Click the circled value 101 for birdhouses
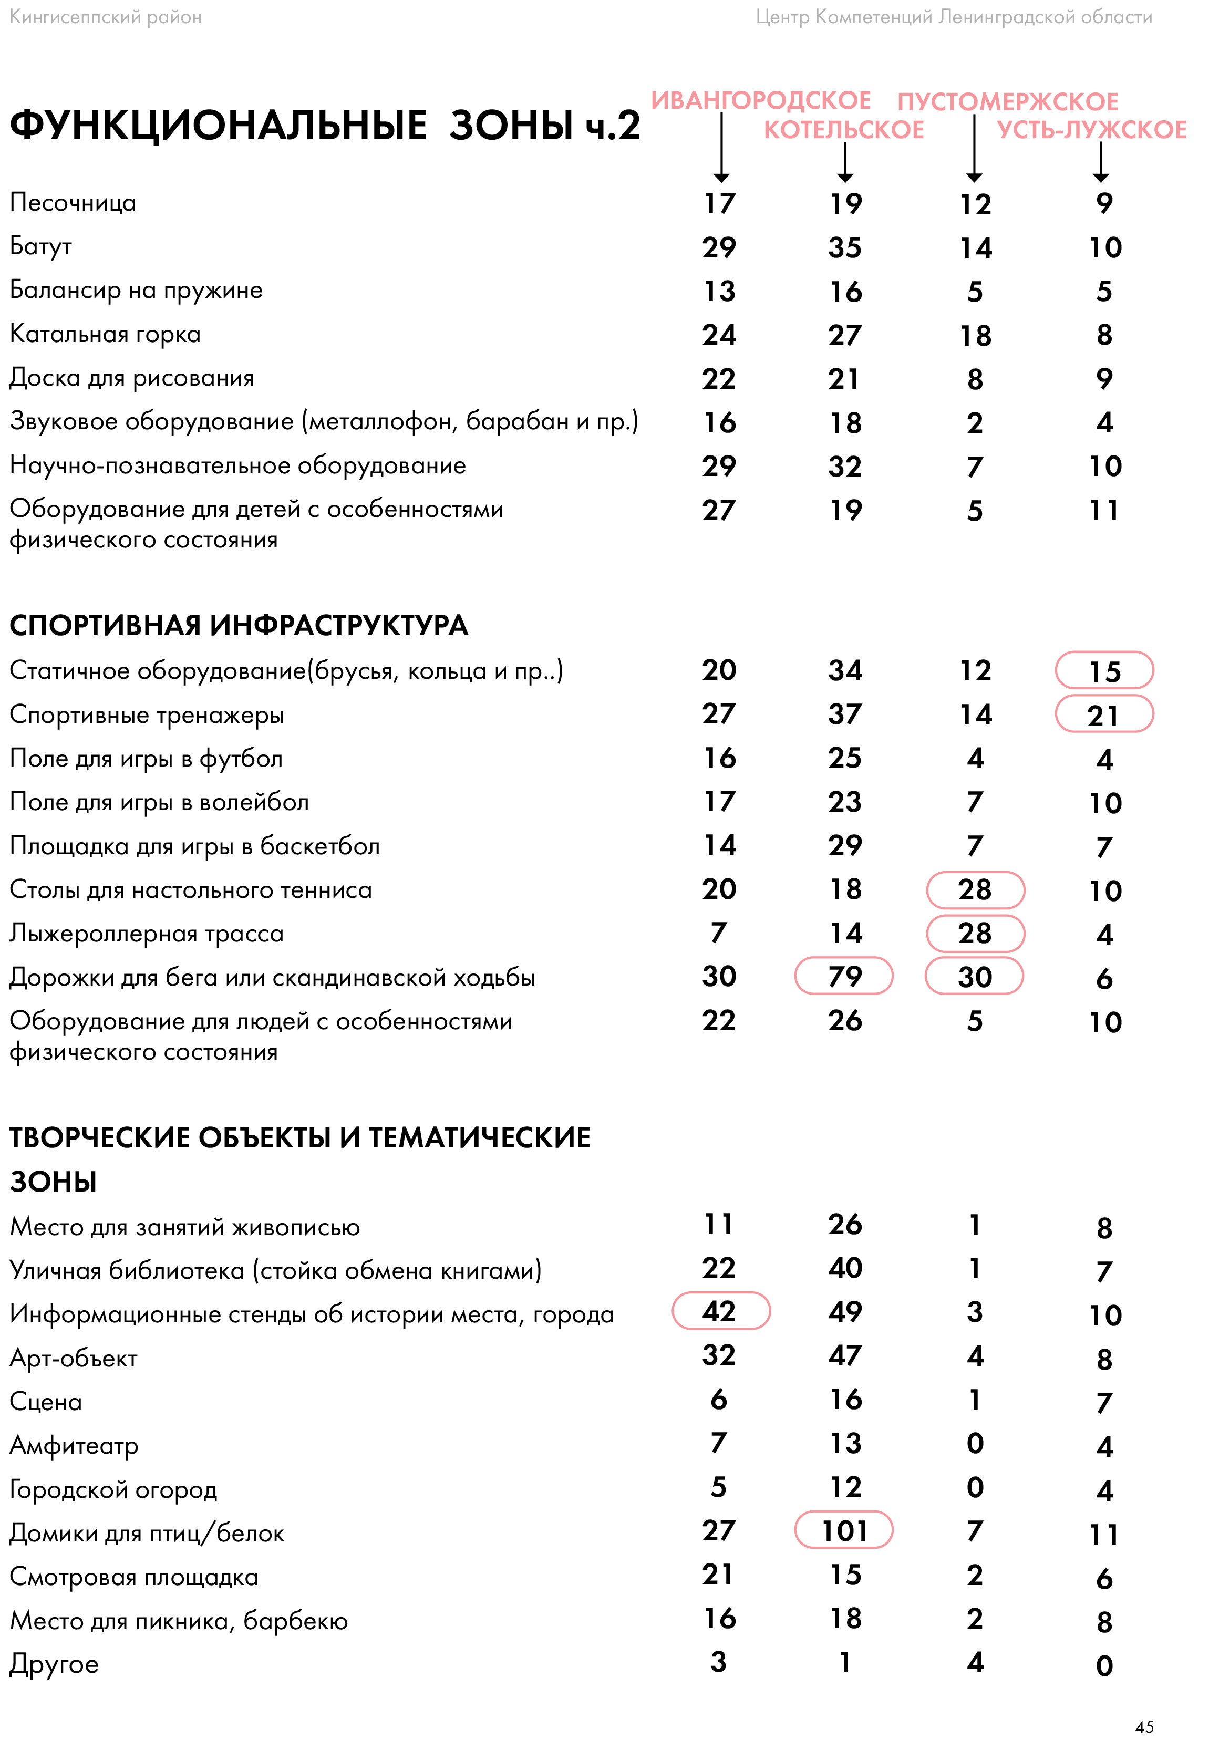(x=845, y=1531)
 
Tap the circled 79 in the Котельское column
(x=845, y=977)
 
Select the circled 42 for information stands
(x=720, y=1312)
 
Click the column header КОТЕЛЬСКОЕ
(x=844, y=130)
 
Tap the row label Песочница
(x=73, y=203)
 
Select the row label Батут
(x=41, y=247)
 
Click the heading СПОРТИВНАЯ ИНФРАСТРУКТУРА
(x=239, y=626)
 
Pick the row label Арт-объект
(x=74, y=1358)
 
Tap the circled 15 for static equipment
(x=1104, y=672)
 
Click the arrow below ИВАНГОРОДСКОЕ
(x=721, y=148)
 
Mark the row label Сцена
(x=46, y=1402)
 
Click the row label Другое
(x=54, y=1664)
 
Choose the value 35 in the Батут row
(x=845, y=247)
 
